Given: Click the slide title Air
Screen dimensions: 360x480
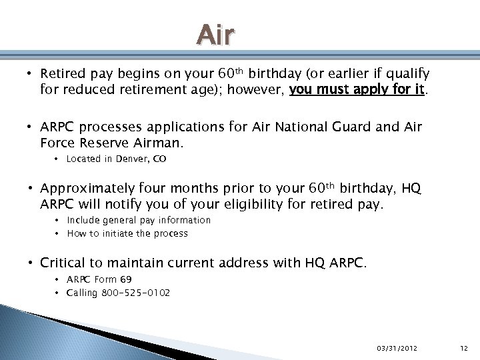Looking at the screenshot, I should pos(216,35).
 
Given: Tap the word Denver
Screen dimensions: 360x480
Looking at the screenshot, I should pos(132,159).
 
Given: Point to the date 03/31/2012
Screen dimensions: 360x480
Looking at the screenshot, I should pos(397,348).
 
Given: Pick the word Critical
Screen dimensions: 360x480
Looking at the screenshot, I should pos(64,263).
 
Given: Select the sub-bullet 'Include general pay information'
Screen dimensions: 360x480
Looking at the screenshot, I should pos(139,220).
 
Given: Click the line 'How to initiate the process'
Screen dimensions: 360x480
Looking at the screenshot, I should pos(127,233).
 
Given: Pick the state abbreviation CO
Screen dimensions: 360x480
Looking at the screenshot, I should pos(159,159).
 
